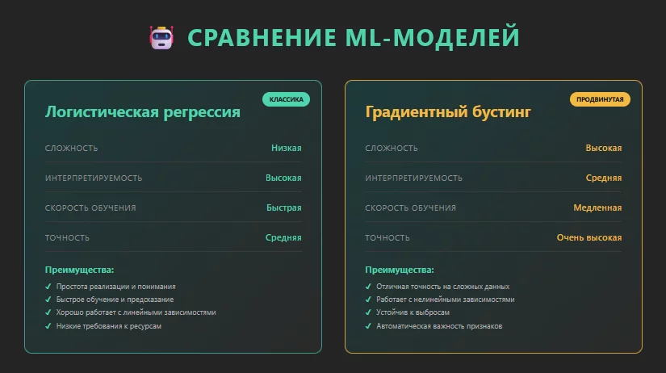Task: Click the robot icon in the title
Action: click(x=162, y=38)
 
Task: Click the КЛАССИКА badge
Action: click(x=286, y=99)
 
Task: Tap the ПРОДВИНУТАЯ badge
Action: click(x=600, y=99)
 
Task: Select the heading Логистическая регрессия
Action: click(x=143, y=112)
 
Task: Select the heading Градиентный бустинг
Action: click(x=448, y=112)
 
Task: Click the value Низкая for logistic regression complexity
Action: click(x=286, y=148)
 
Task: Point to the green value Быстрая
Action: click(x=283, y=207)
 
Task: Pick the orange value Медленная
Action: click(x=597, y=207)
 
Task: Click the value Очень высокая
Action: click(x=589, y=237)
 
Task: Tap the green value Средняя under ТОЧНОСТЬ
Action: click(x=283, y=237)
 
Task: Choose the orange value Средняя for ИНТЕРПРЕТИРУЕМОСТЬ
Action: click(x=604, y=178)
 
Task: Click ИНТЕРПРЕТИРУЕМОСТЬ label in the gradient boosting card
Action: click(x=413, y=178)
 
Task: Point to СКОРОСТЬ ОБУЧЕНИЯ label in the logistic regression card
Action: click(x=90, y=207)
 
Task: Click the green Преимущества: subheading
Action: click(x=79, y=270)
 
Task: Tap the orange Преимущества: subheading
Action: click(x=399, y=270)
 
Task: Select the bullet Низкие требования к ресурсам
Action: click(x=108, y=325)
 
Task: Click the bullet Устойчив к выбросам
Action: click(x=413, y=312)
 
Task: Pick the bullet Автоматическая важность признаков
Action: click(x=439, y=325)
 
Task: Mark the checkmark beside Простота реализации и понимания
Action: click(x=48, y=287)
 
